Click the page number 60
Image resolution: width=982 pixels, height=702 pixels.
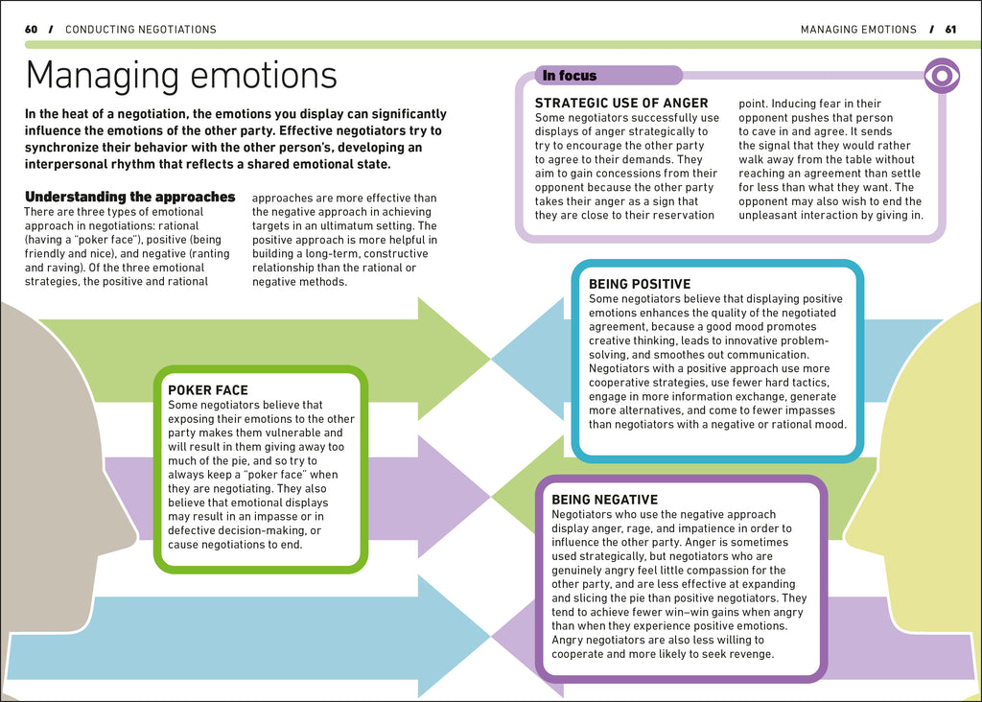[x=31, y=30]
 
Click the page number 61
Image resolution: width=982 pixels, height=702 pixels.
[x=950, y=30]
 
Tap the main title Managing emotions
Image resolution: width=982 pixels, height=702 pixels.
[x=181, y=75]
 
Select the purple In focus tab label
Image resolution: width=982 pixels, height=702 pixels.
[x=570, y=76]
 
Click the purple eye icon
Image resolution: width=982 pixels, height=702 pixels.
[x=942, y=76]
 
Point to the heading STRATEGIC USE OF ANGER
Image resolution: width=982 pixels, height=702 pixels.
[x=621, y=104]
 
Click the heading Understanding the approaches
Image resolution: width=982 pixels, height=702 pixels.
[x=129, y=197]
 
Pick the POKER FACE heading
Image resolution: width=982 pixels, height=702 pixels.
[x=208, y=390]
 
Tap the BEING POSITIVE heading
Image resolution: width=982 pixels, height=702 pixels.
[x=640, y=284]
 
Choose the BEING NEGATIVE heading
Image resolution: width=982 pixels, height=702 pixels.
[x=605, y=500]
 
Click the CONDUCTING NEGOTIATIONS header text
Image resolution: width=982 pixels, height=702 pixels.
[x=141, y=30]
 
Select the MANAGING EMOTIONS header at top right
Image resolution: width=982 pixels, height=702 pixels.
[x=858, y=30]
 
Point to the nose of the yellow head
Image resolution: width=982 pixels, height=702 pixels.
[x=850, y=526]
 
